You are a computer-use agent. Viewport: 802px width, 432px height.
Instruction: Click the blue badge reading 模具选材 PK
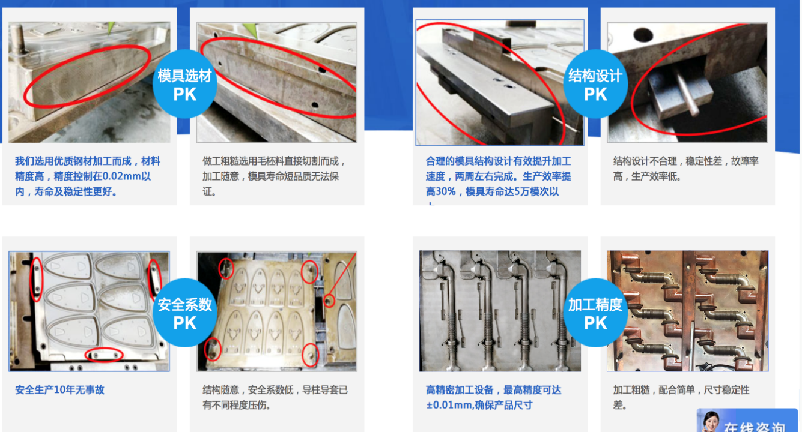click(184, 84)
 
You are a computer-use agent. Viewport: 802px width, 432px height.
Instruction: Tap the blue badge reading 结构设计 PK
click(595, 84)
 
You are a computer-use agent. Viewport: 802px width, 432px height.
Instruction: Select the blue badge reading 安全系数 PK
click(184, 313)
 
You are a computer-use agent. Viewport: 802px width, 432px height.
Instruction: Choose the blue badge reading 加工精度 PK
click(595, 313)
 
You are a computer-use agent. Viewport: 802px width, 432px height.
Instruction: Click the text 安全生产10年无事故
click(59, 390)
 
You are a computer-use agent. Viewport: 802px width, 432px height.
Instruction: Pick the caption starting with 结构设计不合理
click(685, 169)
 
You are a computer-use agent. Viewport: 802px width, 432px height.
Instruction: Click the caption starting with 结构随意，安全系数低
click(275, 397)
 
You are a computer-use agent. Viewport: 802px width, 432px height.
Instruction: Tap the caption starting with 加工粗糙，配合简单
click(681, 397)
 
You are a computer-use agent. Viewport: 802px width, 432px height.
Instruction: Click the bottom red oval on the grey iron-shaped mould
click(104, 355)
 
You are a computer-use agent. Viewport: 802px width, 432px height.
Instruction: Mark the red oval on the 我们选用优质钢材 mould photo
click(87, 76)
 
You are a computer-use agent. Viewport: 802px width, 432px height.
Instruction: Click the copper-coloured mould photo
click(687, 311)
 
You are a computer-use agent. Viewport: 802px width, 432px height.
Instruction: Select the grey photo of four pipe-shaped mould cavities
click(500, 311)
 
